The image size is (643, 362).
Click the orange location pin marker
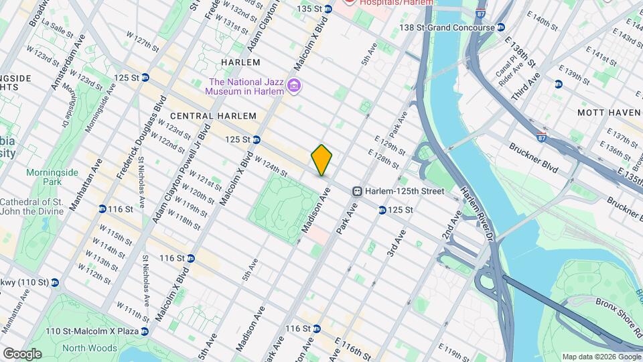tap(322, 160)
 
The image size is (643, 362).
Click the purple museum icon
tap(293, 86)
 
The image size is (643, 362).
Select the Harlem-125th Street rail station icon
tap(358, 191)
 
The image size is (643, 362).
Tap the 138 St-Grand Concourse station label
tap(446, 27)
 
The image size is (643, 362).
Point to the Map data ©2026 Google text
tap(601, 356)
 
